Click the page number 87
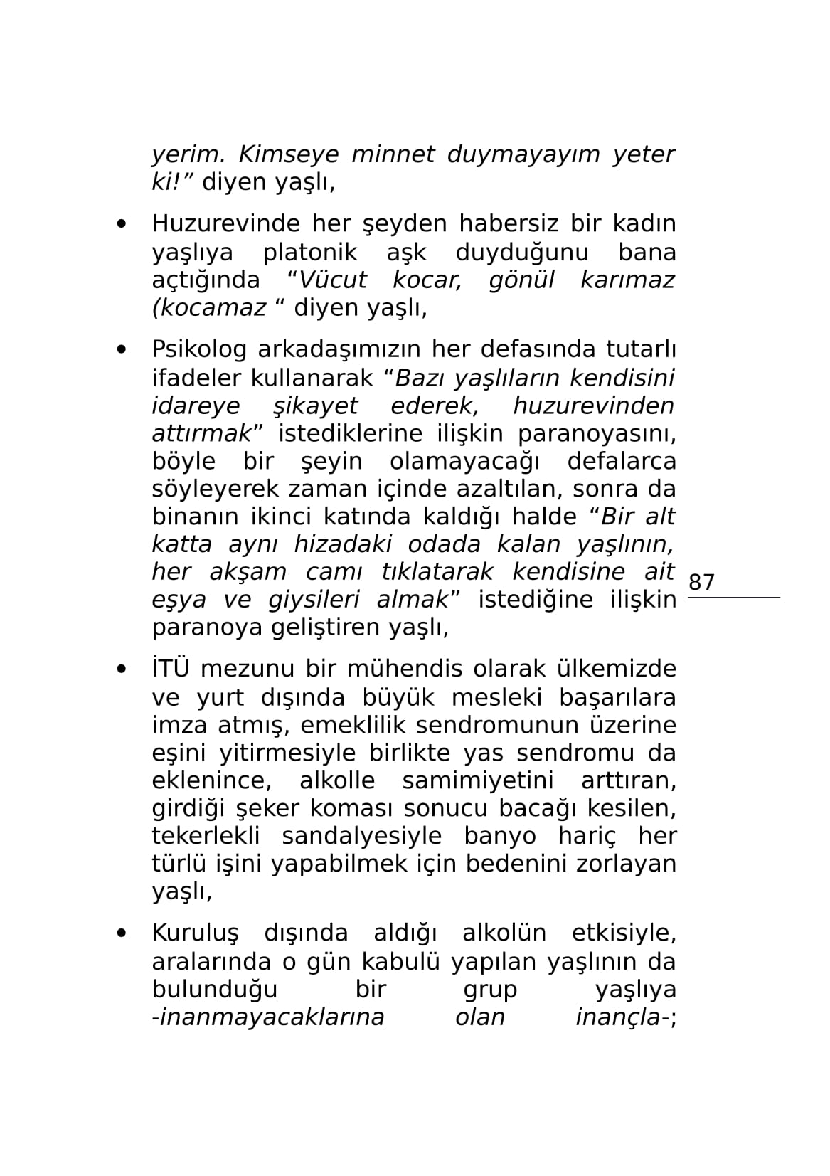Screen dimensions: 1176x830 pos(701,582)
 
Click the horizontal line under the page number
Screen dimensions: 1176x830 pos(733,598)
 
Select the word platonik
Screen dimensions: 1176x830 pos(310,253)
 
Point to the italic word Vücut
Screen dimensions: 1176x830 pos(332,280)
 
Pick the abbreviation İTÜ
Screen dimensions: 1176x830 pos(170,669)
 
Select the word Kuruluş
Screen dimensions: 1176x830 pos(195,933)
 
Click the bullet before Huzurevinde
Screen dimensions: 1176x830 pos(122,224)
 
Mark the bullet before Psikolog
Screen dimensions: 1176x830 pos(122,350)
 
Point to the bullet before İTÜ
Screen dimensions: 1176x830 pos(122,669)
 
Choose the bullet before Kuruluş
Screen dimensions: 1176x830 pos(122,933)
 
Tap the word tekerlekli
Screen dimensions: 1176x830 pos(206,836)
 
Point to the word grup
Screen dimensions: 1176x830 pos(490,990)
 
